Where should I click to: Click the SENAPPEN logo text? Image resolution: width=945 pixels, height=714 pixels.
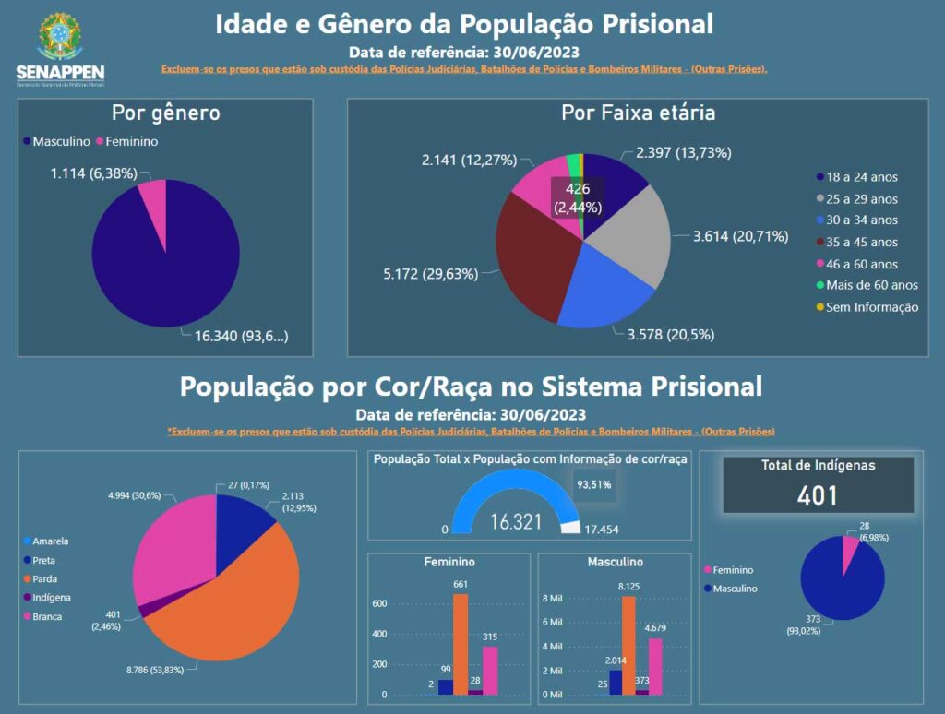pos(61,73)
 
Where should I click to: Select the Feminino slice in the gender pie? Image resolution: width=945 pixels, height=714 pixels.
pos(154,197)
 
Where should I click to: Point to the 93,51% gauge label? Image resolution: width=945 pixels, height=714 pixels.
pos(594,482)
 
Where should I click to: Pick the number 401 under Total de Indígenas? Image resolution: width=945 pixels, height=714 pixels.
pos(819,494)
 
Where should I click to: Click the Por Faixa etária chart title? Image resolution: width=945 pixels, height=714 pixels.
pos(638,113)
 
